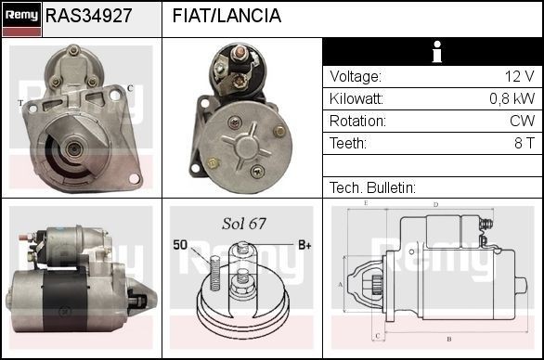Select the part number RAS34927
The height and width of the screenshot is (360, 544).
pyautogui.click(x=88, y=16)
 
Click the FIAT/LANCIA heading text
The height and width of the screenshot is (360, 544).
pyautogui.click(x=227, y=16)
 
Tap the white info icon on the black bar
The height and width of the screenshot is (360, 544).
pyautogui.click(x=432, y=53)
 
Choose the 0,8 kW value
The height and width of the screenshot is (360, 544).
pyautogui.click(x=512, y=99)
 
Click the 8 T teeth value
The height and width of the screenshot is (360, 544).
pyautogui.click(x=524, y=144)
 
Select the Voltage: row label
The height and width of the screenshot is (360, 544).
pyautogui.click(x=355, y=77)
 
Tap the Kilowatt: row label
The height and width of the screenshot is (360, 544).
pyautogui.click(x=356, y=99)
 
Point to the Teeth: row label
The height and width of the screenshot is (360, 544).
pyautogui.click(x=348, y=144)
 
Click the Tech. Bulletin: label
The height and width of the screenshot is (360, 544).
pyautogui.click(x=372, y=187)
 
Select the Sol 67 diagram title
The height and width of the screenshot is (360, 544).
pyautogui.click(x=243, y=224)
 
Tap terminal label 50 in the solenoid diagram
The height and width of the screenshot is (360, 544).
pyautogui.click(x=181, y=245)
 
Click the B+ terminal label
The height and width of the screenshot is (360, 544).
pyautogui.click(x=304, y=245)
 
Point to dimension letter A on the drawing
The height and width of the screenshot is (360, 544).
pyautogui.click(x=341, y=284)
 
